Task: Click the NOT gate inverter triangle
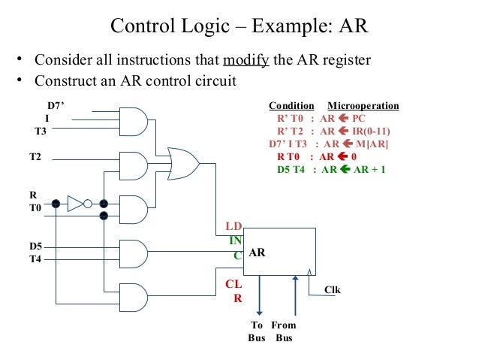pyautogui.click(x=76, y=204)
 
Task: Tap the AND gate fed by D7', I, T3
pyautogui.click(x=132, y=119)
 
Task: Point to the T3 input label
pyautogui.click(x=41, y=131)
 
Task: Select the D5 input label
pyautogui.click(x=36, y=246)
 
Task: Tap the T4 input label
pyautogui.click(x=36, y=259)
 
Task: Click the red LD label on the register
pyautogui.click(x=234, y=226)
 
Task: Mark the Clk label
pyautogui.click(x=332, y=289)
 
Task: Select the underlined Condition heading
pyautogui.click(x=291, y=106)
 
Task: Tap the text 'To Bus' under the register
pyautogui.click(x=258, y=331)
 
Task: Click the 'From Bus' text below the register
pyautogui.click(x=284, y=331)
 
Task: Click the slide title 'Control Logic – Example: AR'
pyautogui.click(x=239, y=26)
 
